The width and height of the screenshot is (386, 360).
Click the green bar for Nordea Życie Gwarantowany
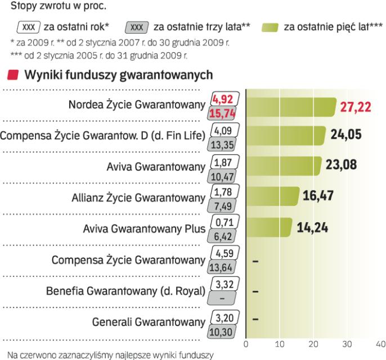[x=290, y=106]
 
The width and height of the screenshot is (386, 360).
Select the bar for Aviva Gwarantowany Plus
[x=270, y=228]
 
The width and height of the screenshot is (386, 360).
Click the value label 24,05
[x=346, y=136]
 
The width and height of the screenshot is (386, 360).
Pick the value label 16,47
[x=318, y=197]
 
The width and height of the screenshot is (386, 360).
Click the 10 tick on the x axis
[x=280, y=344]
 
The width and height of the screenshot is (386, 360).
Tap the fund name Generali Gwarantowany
[x=148, y=323]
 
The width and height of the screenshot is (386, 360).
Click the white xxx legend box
[x=26, y=27]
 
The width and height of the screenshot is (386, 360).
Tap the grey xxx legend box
[x=137, y=27]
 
